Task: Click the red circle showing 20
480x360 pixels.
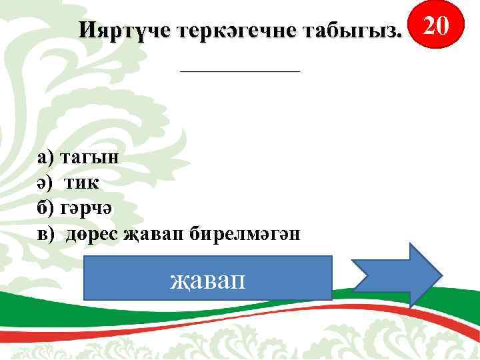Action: pyautogui.click(x=440, y=26)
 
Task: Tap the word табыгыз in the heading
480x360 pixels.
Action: pyautogui.click(x=353, y=31)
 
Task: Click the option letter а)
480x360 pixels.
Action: pyautogui.click(x=47, y=158)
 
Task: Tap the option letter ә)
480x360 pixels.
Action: pyautogui.click(x=46, y=183)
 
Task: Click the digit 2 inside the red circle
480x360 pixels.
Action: pyautogui.click(x=433, y=26)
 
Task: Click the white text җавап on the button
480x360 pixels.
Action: pyautogui.click(x=207, y=277)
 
